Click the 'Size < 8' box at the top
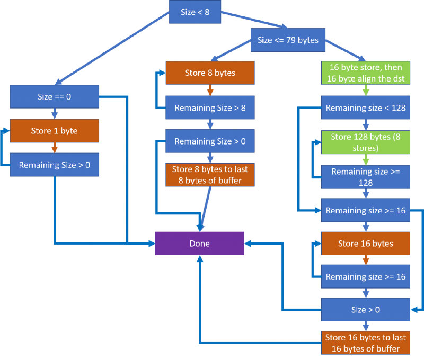click(195, 12)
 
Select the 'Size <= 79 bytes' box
click(288, 39)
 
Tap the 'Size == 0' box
click(55, 97)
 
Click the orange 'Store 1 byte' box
click(55, 130)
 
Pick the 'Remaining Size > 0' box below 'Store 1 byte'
click(55, 165)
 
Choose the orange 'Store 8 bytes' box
click(210, 73)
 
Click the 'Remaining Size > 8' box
click(210, 108)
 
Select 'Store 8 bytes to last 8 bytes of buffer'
click(210, 175)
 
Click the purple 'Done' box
click(199, 244)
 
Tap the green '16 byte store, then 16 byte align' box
click(366, 73)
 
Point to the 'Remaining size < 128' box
click(366, 108)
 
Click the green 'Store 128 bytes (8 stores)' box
click(366, 141)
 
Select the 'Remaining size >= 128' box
click(366, 176)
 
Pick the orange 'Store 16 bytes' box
click(366, 244)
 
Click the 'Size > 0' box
click(366, 309)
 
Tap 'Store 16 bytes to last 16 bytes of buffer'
click(366, 343)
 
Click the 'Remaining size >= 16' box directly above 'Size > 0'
click(366, 276)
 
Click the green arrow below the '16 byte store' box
click(366, 91)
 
